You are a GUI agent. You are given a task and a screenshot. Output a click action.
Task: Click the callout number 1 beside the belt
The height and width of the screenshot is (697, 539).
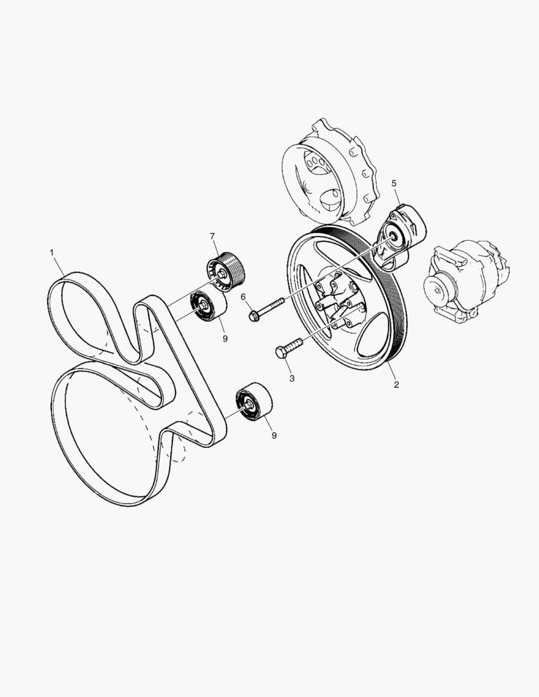click(x=52, y=252)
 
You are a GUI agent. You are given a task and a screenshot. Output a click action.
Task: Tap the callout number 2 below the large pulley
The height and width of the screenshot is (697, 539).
click(x=396, y=385)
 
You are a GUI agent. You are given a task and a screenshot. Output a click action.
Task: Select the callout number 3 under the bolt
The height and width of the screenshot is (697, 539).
click(x=292, y=378)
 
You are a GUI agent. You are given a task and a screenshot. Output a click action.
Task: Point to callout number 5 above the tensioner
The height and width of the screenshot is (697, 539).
click(x=394, y=183)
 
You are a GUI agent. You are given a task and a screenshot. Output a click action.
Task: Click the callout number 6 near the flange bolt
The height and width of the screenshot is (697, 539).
click(x=243, y=296)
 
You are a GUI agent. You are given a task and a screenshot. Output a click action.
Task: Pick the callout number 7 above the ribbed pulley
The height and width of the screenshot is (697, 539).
click(x=212, y=236)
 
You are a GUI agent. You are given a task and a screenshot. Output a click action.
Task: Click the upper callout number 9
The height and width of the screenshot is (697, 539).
click(x=225, y=339)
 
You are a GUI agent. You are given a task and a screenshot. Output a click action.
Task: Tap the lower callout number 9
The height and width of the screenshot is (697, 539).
click(x=274, y=436)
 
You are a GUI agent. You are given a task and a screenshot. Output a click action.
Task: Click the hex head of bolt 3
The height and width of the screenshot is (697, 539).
click(x=281, y=353)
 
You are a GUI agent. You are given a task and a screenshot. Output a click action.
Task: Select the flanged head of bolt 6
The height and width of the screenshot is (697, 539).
click(x=254, y=316)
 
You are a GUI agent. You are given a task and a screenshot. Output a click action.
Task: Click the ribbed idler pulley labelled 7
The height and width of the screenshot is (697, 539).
click(x=225, y=271)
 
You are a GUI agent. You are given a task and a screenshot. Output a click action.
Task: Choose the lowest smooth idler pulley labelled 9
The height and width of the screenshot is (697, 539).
click(x=254, y=402)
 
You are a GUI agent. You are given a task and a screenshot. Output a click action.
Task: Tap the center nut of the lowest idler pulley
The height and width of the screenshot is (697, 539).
click(x=248, y=404)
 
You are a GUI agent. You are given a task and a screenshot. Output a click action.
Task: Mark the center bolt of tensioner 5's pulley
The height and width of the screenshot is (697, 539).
click(x=392, y=236)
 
